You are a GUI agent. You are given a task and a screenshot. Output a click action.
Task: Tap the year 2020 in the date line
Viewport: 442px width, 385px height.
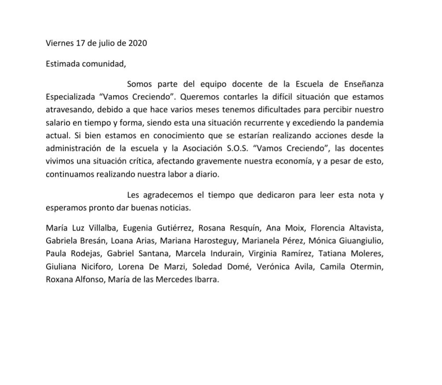[137, 43]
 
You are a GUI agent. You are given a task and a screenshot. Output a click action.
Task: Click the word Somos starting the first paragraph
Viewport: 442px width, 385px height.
[138, 84]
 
